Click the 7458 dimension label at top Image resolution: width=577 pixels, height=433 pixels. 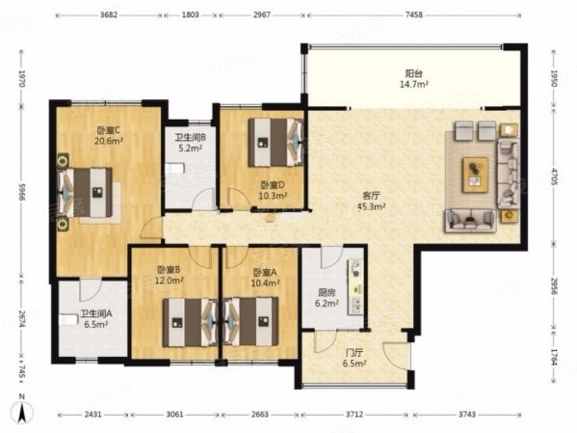pyautogui.click(x=413, y=14)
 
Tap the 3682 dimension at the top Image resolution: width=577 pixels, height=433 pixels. pyautogui.click(x=109, y=14)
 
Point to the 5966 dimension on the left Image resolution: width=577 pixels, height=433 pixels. pyautogui.click(x=21, y=192)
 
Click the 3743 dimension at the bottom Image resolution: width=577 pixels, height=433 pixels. pyautogui.click(x=466, y=415)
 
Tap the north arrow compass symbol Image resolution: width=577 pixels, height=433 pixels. pyautogui.click(x=22, y=409)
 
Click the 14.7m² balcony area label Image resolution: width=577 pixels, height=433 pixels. pyautogui.click(x=413, y=85)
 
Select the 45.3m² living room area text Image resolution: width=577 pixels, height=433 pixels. pyautogui.click(x=372, y=206)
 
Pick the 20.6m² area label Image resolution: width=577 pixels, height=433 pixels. pyautogui.click(x=109, y=141)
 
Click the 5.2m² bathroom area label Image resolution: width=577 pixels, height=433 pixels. pyautogui.click(x=191, y=149)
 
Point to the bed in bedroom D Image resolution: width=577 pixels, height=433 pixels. pyautogui.click(x=276, y=143)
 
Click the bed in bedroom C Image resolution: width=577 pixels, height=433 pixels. pyautogui.click(x=86, y=192)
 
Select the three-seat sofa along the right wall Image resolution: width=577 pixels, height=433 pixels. pyautogui.click(x=509, y=174)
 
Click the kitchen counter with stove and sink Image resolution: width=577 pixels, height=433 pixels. pyautogui.click(x=355, y=286)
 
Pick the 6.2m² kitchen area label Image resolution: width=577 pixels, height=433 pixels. pyautogui.click(x=327, y=304)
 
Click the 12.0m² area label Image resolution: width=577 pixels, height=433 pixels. pyautogui.click(x=170, y=281)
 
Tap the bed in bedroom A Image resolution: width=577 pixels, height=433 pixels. pyautogui.click(x=250, y=322)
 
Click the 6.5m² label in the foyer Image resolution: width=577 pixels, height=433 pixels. pyautogui.click(x=354, y=364)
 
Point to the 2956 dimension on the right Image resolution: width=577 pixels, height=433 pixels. pyautogui.click(x=555, y=284)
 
